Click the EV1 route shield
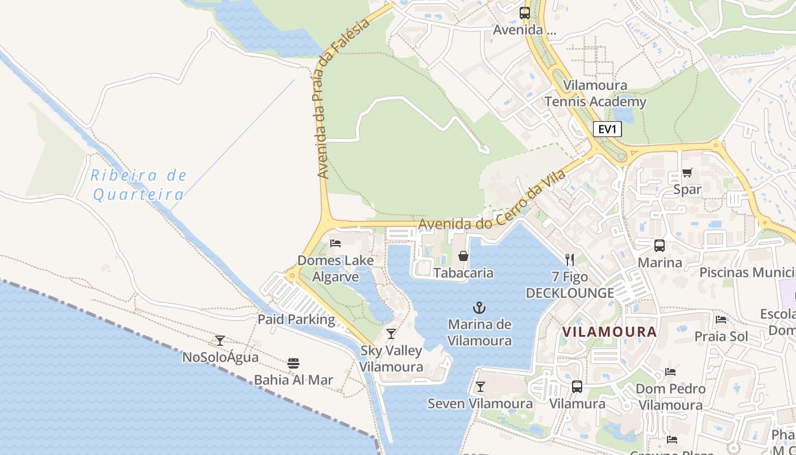607,129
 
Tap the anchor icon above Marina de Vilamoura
479,308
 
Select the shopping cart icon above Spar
687,173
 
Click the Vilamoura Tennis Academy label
595,94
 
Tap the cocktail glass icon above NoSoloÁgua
220,341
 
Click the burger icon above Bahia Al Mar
293,363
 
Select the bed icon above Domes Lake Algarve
335,243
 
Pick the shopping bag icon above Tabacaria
463,256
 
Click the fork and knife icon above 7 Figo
570,260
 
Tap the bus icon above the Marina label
660,246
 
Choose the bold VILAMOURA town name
610,332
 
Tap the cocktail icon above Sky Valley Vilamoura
391,333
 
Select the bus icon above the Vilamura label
577,387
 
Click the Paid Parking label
296,319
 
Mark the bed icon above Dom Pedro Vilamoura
670,372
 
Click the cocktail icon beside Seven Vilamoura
480,387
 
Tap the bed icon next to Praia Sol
721,320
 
